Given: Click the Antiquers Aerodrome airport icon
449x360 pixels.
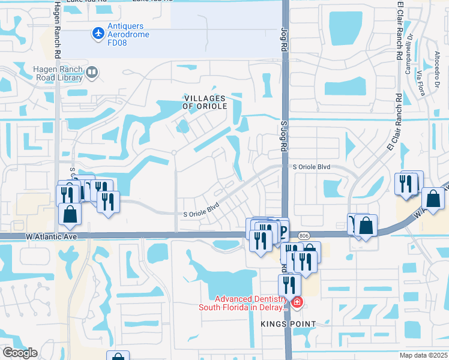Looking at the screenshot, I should (98, 33).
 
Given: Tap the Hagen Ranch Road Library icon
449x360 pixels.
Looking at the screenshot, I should (92, 73).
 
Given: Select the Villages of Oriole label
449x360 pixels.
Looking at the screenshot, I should (205, 102).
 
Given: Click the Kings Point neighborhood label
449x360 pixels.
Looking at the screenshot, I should (288, 324).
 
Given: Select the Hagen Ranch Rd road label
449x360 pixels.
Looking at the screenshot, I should (57, 30).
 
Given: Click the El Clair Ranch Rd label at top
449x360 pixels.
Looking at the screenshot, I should (399, 30).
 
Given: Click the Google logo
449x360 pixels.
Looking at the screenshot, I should (20, 353).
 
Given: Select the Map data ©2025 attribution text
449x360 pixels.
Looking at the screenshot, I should (424, 355).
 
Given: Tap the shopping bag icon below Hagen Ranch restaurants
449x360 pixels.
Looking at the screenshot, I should (70, 214).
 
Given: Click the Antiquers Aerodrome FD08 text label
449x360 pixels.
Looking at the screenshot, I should (128, 31).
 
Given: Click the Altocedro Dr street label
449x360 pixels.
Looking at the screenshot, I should (438, 60).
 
